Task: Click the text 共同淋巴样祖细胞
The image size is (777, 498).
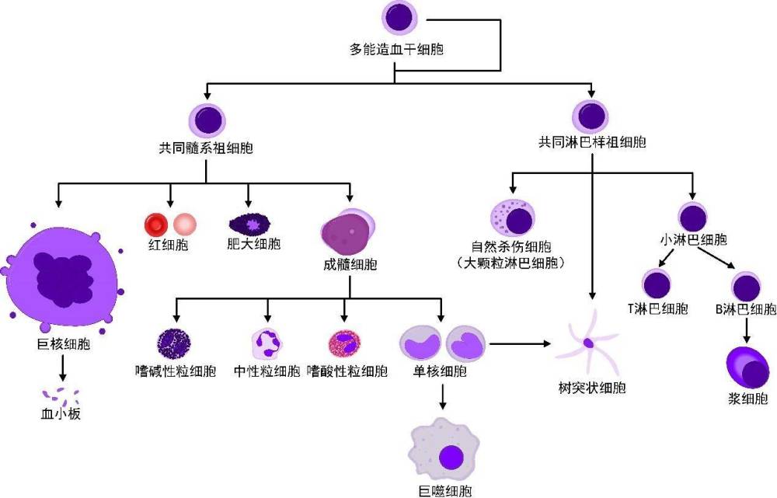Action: (593, 143)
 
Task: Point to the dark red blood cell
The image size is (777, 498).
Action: (156, 225)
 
